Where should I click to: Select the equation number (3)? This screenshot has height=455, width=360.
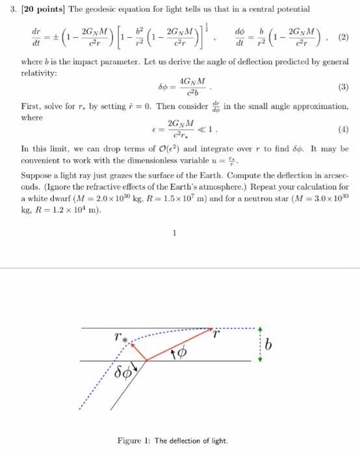[344, 87]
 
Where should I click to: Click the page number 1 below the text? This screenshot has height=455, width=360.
[175, 236]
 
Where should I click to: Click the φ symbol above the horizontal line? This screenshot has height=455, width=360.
[181, 353]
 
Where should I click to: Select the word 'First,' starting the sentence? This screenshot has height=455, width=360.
[32, 107]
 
